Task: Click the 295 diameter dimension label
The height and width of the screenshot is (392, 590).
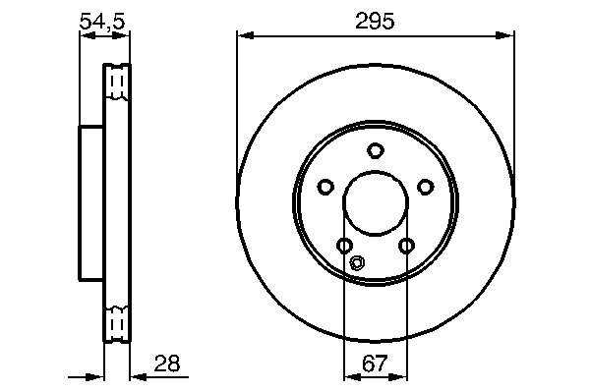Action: (375, 21)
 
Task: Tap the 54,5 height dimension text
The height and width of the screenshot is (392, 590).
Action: (102, 21)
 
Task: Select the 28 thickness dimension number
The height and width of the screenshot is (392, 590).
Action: (167, 364)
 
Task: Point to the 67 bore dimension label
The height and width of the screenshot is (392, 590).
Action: (375, 364)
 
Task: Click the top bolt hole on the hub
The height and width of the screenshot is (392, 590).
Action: (376, 150)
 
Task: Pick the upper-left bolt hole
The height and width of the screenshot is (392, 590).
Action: (325, 187)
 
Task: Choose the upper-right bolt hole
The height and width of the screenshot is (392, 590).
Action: (426, 187)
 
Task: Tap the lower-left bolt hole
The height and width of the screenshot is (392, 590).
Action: (344, 246)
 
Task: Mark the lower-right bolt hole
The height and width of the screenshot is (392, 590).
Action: (406, 246)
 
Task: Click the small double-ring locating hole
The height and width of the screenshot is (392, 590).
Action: (357, 262)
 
